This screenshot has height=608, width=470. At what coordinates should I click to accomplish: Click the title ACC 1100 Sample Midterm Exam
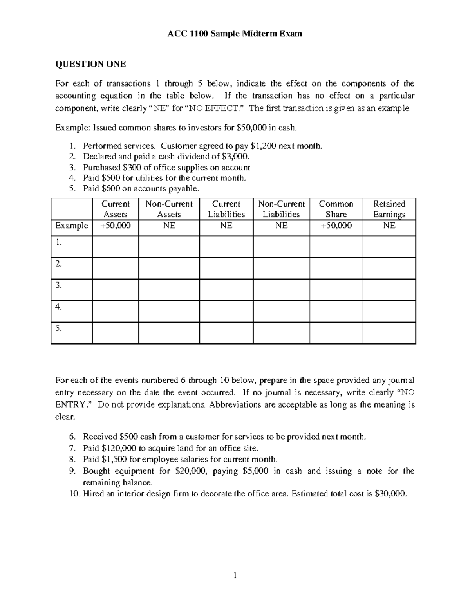[x=235, y=34]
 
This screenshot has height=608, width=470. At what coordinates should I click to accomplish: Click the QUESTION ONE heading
[x=90, y=64]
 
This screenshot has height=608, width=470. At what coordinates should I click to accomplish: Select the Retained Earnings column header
[x=389, y=209]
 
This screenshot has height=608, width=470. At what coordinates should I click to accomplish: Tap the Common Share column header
[x=336, y=209]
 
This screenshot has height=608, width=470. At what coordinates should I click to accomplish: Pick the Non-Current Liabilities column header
[x=281, y=209]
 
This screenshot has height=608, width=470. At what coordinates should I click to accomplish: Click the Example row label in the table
[x=72, y=226]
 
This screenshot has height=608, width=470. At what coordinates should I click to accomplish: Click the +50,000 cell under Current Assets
[x=116, y=226]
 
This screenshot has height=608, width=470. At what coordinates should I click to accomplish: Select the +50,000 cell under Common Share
[x=336, y=226]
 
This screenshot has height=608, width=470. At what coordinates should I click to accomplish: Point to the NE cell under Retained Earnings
[x=389, y=226]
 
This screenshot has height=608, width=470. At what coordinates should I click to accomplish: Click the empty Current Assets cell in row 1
[x=116, y=247]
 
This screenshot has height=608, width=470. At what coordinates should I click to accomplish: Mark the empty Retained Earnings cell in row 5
[x=389, y=333]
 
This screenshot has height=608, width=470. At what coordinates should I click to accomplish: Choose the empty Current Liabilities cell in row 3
[x=226, y=290]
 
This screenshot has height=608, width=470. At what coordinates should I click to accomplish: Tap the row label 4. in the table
[x=59, y=307]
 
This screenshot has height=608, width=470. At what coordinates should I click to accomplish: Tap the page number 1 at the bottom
[x=235, y=576]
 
